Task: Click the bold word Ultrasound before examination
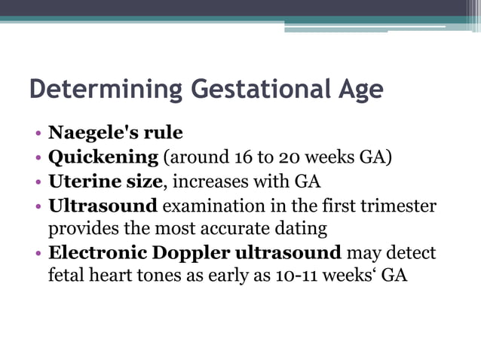(x=103, y=206)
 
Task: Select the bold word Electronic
(x=97, y=252)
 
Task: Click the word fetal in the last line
(x=66, y=276)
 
